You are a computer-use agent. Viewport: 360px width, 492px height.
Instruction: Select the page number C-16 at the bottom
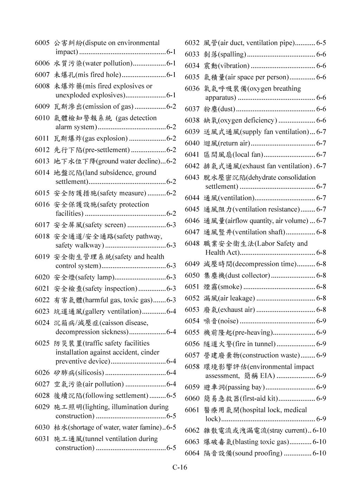pyautogui.click(x=180, y=467)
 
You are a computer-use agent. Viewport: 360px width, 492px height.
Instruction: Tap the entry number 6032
pyautogui.click(x=192, y=43)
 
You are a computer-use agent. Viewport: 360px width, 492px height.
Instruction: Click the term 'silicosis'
pyautogui.click(x=90, y=373)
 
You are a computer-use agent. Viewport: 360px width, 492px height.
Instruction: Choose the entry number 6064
pyautogui.click(x=192, y=453)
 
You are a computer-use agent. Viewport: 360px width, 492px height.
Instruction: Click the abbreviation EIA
pyautogui.click(x=267, y=376)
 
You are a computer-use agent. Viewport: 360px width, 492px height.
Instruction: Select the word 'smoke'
pyautogui.click(x=230, y=287)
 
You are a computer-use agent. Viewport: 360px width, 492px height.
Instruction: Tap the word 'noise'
pyautogui.click(x=228, y=321)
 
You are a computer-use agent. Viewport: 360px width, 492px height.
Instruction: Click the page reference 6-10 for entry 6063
pyautogui.click(x=319, y=442)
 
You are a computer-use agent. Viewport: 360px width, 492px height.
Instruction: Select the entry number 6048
pyautogui.click(x=192, y=244)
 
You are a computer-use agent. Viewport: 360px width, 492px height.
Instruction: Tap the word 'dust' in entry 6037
pyautogui.click(x=227, y=109)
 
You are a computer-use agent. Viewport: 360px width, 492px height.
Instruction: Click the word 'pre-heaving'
pyautogui.click(x=253, y=332)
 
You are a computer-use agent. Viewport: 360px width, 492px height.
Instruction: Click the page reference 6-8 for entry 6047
pyautogui.click(x=321, y=232)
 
